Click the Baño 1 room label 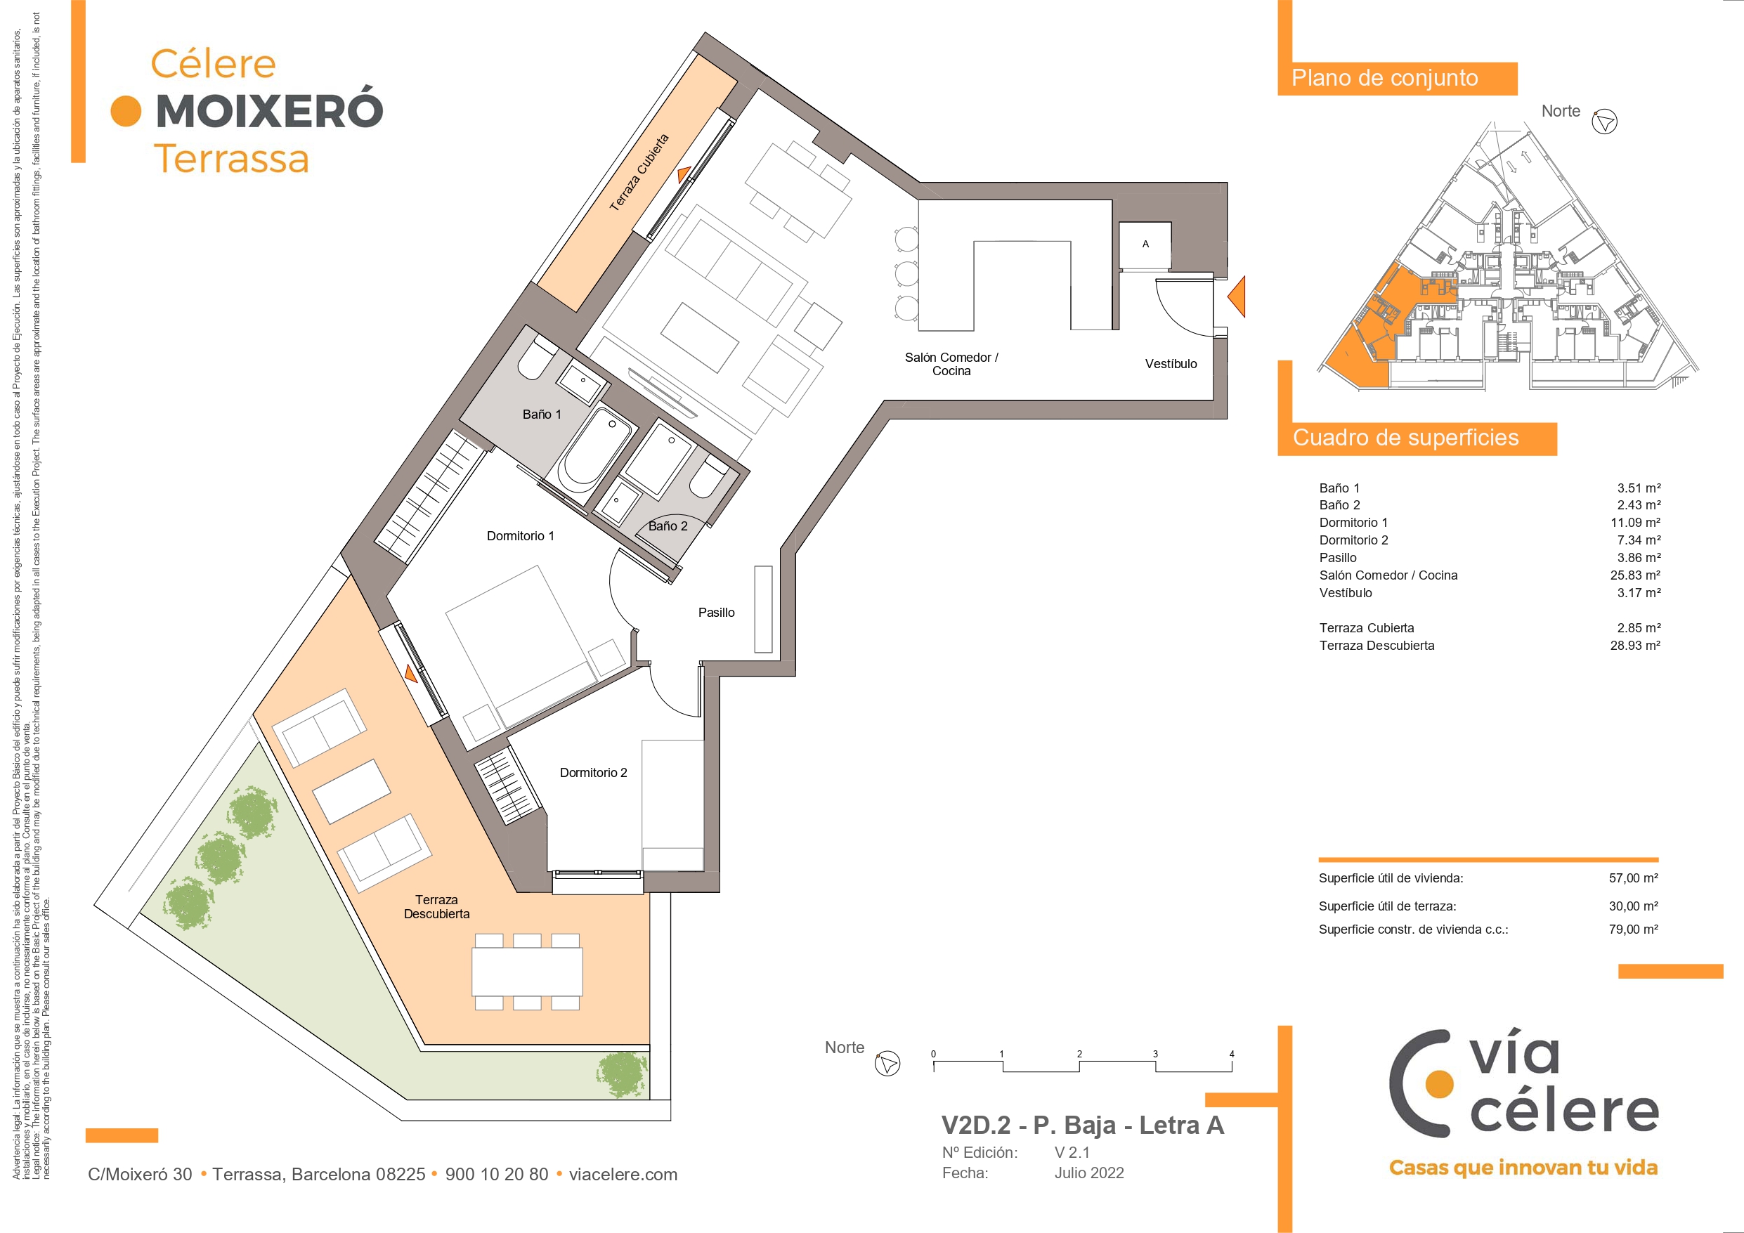point(542,414)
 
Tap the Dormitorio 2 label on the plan point(593,773)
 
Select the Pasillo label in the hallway point(716,613)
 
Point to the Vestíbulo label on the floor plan point(1171,364)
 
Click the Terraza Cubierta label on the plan point(639,172)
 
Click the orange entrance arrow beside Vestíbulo point(1237,296)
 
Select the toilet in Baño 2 point(709,476)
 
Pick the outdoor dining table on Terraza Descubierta point(527,972)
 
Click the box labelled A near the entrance point(1145,244)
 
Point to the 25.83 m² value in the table point(1634,575)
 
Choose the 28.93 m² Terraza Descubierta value point(1634,645)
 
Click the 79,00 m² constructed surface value point(1633,929)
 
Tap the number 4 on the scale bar point(1231,1054)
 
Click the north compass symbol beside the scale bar point(887,1063)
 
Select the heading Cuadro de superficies point(1406,438)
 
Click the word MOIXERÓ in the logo point(270,110)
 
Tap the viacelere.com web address point(623,1174)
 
